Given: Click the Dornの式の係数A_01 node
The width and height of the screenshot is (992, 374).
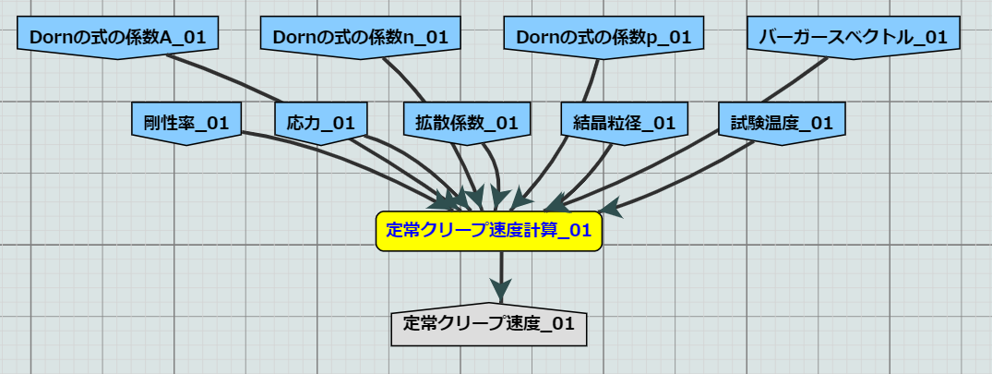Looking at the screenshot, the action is point(118,37).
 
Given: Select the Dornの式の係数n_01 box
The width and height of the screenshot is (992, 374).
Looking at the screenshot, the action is point(361,37).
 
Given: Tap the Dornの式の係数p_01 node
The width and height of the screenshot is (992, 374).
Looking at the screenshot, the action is point(604,37).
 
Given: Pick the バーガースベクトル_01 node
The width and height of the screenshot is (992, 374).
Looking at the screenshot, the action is point(854,37).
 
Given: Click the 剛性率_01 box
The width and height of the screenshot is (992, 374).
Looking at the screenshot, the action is point(186,123).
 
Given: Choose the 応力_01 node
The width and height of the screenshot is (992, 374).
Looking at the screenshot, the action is point(321,123).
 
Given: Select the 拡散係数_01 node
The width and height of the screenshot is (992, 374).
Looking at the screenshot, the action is point(466,123).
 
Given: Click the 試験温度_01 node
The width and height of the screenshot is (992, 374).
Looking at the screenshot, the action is point(782,123).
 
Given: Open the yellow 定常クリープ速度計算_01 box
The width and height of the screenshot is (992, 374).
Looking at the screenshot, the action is point(488,231).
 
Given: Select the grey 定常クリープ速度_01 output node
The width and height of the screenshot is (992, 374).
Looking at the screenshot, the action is point(488,323).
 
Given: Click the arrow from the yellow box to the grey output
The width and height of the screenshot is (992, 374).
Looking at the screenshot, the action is point(501,276).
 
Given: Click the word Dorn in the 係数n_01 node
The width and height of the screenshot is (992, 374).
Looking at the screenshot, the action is point(297,37).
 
